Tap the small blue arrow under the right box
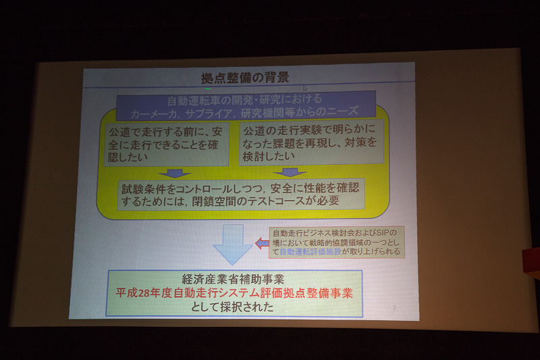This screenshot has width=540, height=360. coord(290,172)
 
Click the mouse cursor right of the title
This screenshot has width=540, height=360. coord(304,88)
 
